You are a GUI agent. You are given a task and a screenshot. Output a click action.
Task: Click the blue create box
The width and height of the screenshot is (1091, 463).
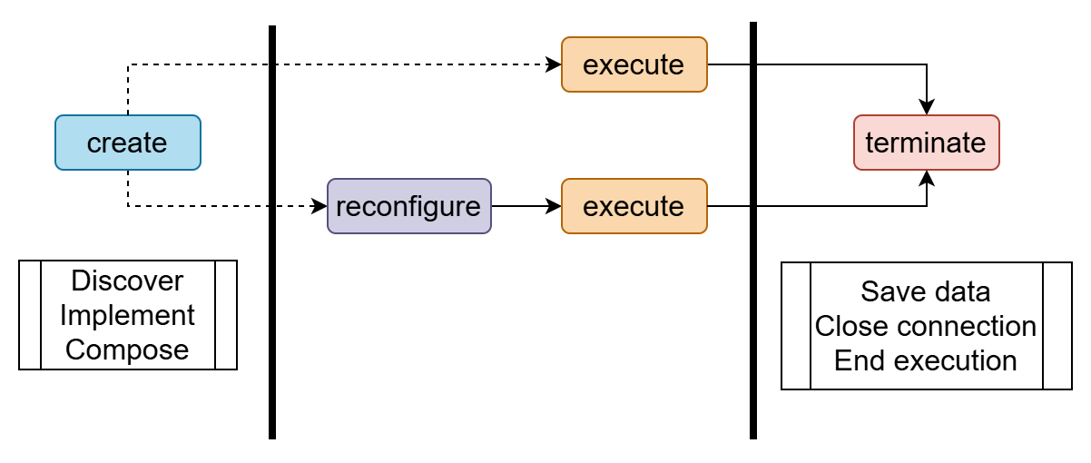pos(127,143)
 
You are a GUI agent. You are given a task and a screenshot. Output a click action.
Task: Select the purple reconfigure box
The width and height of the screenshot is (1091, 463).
pos(408,206)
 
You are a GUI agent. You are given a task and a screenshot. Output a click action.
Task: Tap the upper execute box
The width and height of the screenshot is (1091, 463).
pos(634,64)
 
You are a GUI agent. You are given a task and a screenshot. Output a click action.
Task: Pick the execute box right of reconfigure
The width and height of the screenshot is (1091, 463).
pos(634,206)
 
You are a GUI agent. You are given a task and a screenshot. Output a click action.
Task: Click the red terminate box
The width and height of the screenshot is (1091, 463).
pos(926,143)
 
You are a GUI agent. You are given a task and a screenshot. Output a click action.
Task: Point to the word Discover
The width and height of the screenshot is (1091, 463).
pos(127,281)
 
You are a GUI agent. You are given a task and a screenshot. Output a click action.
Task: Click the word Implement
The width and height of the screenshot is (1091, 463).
pos(127,315)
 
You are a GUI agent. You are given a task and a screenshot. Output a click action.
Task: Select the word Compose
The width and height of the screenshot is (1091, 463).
pos(127,350)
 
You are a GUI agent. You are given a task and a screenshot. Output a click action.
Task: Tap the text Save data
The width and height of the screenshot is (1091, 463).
pos(926,291)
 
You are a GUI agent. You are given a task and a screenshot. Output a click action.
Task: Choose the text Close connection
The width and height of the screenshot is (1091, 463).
pos(926,326)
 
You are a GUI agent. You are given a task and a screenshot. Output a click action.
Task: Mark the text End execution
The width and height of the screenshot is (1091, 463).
pos(926,360)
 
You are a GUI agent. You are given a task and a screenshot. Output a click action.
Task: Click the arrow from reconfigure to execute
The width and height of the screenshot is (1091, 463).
pos(526,206)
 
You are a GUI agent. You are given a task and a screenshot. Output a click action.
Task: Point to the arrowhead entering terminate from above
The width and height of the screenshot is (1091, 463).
pos(927,107)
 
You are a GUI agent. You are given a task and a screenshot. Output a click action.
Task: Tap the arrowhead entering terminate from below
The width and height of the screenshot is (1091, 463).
pos(927,178)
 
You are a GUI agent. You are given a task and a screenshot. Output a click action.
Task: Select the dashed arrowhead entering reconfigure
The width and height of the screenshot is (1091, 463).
pos(319,206)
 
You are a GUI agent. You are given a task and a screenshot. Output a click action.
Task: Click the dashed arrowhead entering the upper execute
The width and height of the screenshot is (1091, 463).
pos(554,64)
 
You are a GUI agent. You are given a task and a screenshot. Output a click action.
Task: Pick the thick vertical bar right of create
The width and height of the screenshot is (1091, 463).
pos(272,231)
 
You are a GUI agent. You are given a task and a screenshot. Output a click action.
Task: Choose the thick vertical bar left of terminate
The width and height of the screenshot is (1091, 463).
pos(753,231)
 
